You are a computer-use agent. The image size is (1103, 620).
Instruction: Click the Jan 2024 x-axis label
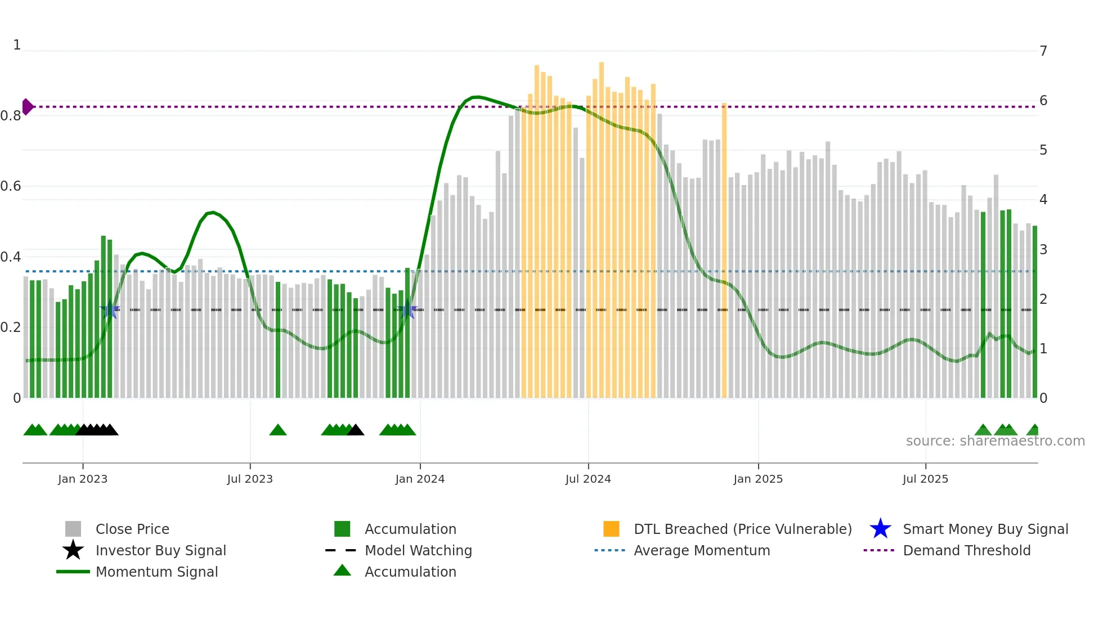420,479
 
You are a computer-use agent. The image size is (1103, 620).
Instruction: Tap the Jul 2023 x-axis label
250,479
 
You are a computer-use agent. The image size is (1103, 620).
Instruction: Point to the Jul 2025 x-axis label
925,479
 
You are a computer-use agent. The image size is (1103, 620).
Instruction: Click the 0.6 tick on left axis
11,186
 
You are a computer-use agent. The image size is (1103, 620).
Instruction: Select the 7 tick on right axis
1043,51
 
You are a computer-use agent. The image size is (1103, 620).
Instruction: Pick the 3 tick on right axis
1043,249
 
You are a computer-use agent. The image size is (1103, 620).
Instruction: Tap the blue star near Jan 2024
407,310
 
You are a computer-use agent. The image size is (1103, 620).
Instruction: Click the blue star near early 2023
110,310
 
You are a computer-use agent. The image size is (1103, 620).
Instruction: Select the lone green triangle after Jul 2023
278,430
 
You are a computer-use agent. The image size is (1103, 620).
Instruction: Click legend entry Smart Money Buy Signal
985,529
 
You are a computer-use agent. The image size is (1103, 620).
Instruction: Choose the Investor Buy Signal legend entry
160,550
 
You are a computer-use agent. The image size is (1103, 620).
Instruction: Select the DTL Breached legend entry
742,529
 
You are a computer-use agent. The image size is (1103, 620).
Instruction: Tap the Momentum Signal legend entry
156,572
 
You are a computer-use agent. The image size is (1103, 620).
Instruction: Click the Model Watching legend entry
418,550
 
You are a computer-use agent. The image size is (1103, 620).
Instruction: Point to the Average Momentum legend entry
701,550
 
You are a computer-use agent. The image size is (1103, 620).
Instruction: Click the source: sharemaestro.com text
995,441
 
